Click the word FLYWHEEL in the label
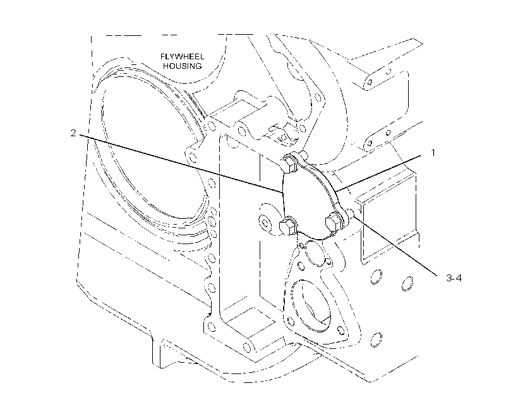(x=182, y=56)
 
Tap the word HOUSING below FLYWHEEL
(x=182, y=66)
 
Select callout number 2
(x=73, y=133)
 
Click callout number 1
(x=433, y=153)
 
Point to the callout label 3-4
(x=454, y=278)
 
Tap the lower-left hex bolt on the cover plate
(x=288, y=226)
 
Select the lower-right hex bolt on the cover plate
(x=334, y=222)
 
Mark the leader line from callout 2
(x=181, y=163)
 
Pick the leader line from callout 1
(x=378, y=173)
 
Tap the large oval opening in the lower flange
(x=311, y=305)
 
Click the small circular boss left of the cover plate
(x=264, y=221)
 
